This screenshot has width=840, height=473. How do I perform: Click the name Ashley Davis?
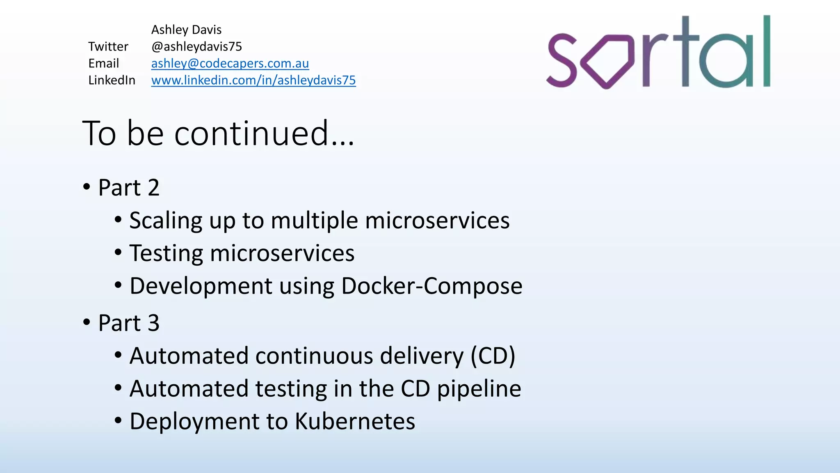(186, 30)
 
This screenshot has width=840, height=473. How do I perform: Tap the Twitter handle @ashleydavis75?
(196, 47)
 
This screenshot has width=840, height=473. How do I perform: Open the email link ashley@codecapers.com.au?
(230, 64)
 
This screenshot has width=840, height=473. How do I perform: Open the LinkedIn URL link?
(253, 80)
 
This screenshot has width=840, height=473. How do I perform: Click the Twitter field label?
(108, 47)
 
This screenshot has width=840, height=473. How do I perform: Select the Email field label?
(103, 64)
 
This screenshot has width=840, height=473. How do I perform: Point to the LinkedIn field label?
(112, 80)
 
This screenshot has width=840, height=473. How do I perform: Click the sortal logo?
(659, 53)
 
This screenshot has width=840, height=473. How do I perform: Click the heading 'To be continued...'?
(218, 133)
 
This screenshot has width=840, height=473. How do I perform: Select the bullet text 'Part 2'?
(128, 188)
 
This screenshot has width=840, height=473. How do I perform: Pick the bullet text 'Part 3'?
(128, 323)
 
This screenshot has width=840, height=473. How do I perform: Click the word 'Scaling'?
(166, 221)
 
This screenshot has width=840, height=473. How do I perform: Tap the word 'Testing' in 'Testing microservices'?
(166, 253)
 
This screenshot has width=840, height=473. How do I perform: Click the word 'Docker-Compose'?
(431, 286)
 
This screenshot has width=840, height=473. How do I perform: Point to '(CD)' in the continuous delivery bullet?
(493, 356)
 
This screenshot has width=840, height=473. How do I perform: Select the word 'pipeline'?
(479, 389)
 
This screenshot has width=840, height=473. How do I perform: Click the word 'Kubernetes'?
(355, 422)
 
